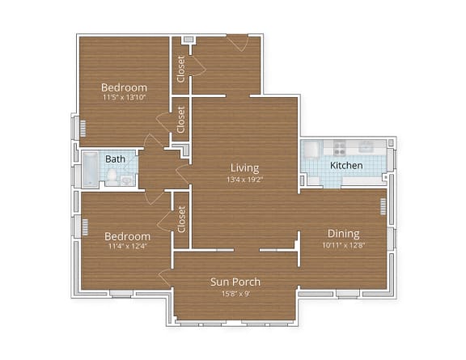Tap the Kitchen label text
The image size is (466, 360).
click(x=345, y=166)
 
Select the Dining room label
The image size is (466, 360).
click(x=343, y=234)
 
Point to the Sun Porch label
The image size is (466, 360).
click(x=235, y=282)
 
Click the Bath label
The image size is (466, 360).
click(x=115, y=159)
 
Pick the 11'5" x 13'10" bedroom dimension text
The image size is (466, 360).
click(x=124, y=98)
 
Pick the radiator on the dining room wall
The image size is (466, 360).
click(x=383, y=207)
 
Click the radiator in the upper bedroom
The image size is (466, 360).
click(x=81, y=128)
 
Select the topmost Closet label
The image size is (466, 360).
click(x=181, y=67)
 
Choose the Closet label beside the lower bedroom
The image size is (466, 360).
click(x=181, y=218)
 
